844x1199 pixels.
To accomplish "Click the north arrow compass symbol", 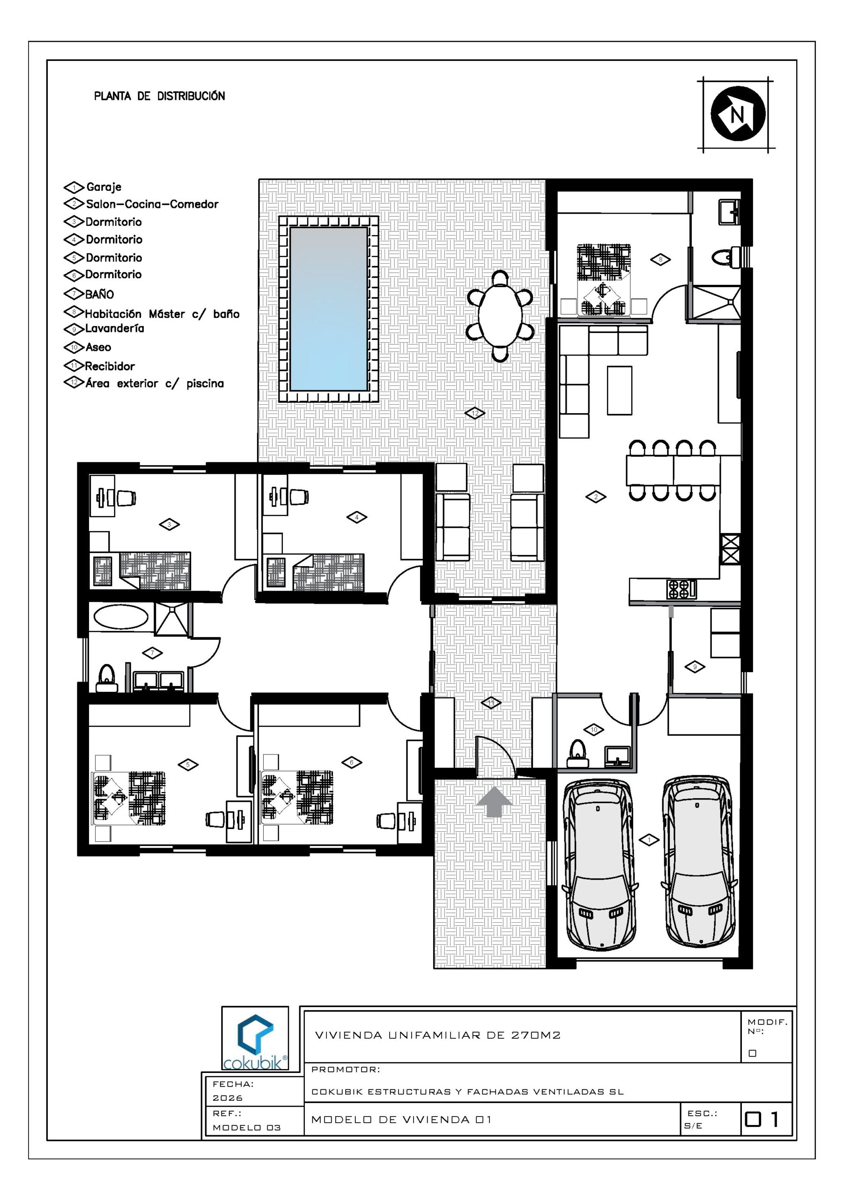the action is pyautogui.click(x=738, y=114).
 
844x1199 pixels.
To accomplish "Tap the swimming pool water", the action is pyautogui.click(x=328, y=309).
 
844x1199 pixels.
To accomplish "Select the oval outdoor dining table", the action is pyautogui.click(x=500, y=316).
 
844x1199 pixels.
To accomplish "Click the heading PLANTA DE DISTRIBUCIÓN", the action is pyautogui.click(x=160, y=96).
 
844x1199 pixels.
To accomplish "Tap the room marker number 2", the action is pyautogui.click(x=596, y=497).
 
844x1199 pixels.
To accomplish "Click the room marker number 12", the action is pyautogui.click(x=475, y=413).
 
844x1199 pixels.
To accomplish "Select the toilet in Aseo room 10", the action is pyautogui.click(x=577, y=754).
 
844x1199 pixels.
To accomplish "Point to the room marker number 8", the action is pyautogui.click(x=661, y=259).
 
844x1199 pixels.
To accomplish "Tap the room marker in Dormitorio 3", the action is pyautogui.click(x=169, y=524).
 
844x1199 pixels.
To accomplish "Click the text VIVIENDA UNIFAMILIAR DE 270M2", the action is pyautogui.click(x=437, y=1035).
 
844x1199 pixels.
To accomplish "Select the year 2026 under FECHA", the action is pyautogui.click(x=228, y=1098).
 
